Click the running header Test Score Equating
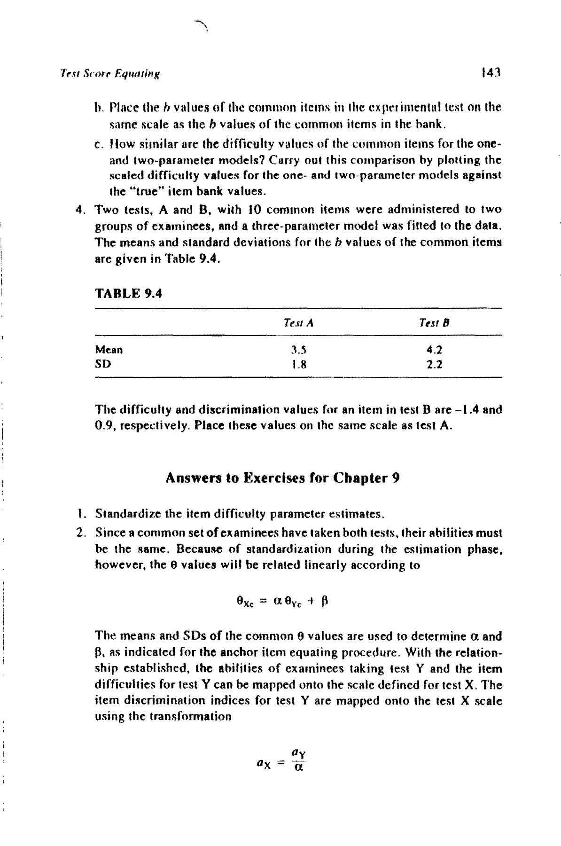pyautogui.click(x=110, y=73)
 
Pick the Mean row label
pyautogui.click(x=109, y=350)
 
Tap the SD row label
pyautogui.click(x=103, y=363)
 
